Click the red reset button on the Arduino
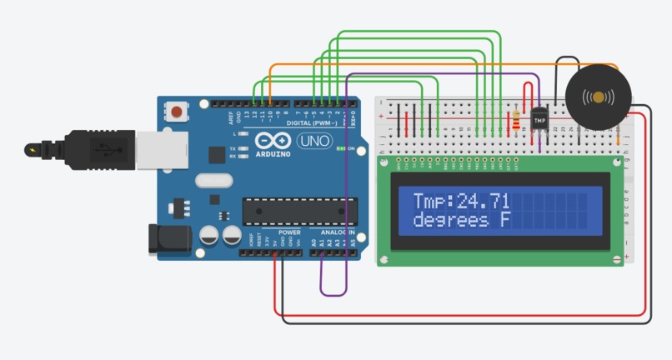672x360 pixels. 177,110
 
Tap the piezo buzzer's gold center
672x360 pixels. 598,97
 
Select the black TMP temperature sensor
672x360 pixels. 539,120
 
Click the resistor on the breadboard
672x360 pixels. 519,120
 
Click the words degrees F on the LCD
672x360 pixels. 461,220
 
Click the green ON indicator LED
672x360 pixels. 340,149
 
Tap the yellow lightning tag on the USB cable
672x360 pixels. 33,151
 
